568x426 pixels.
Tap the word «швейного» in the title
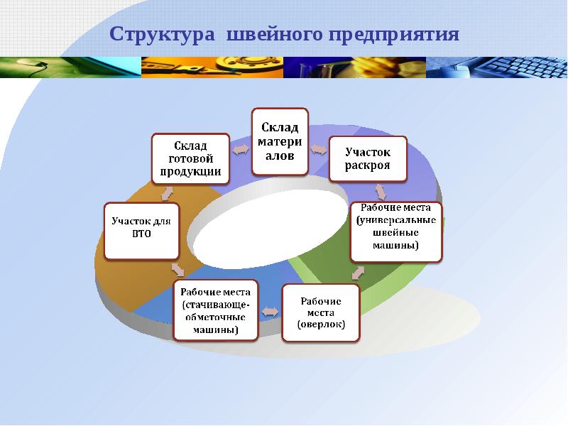tap(273, 35)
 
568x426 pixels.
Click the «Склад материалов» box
tap(280, 141)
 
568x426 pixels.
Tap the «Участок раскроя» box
tap(368, 158)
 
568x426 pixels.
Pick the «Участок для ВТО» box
tap(141, 231)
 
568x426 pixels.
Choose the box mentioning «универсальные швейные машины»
tap(396, 231)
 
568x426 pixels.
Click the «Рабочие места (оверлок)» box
tap(322, 312)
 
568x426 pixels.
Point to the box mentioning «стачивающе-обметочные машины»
tap(216, 310)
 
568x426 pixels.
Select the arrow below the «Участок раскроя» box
tap(381, 191)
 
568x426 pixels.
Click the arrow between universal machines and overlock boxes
tap(359, 272)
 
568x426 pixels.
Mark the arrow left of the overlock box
tap(271, 311)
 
